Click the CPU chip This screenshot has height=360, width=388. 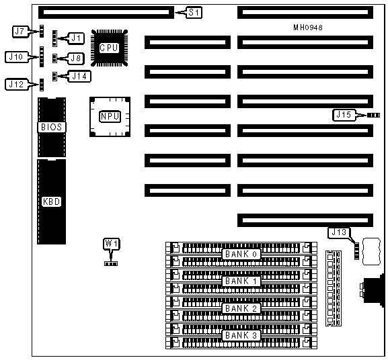point(109,48)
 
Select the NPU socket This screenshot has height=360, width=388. point(110,117)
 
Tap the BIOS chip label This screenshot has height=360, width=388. point(52,127)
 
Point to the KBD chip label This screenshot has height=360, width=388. point(52,201)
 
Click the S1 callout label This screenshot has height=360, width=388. point(194,13)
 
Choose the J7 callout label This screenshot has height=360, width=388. point(20,32)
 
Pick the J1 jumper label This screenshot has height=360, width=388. point(76,38)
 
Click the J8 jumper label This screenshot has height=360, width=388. point(76,58)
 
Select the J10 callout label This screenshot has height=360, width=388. point(16,57)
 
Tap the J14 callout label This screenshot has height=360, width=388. point(79,77)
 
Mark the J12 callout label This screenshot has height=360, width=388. point(16,85)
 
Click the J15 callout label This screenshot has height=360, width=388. point(344,115)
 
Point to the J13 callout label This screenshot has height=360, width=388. point(339,232)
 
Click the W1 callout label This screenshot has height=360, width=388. point(112,244)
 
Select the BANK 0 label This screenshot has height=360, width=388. point(241,254)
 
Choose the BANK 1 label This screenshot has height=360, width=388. point(241,281)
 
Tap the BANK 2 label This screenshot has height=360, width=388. point(241,308)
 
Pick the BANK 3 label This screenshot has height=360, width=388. point(241,335)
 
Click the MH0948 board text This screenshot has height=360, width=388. point(308,28)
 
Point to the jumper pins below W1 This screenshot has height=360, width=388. point(111,264)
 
